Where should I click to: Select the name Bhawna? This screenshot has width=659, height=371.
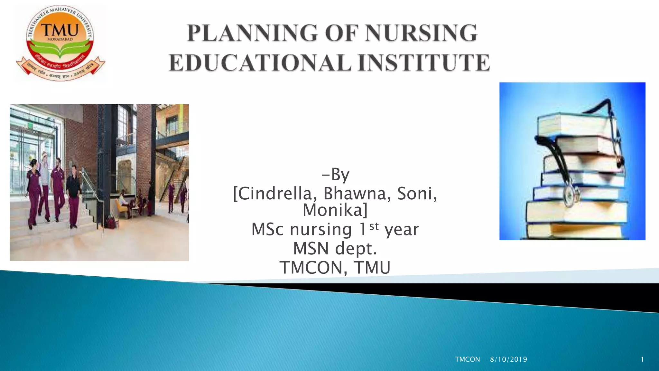(357, 194)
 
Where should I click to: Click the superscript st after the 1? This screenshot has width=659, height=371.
(374, 226)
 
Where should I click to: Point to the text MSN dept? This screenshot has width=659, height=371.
(335, 248)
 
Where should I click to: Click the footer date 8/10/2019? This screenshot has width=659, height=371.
(508, 359)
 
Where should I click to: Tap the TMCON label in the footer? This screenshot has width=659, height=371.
(467, 359)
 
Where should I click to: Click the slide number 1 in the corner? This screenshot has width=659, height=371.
(642, 359)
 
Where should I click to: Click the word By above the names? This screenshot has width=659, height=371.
(340, 175)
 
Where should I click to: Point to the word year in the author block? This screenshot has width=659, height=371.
(402, 230)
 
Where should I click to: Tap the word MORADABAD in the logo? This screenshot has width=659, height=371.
(60, 39)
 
